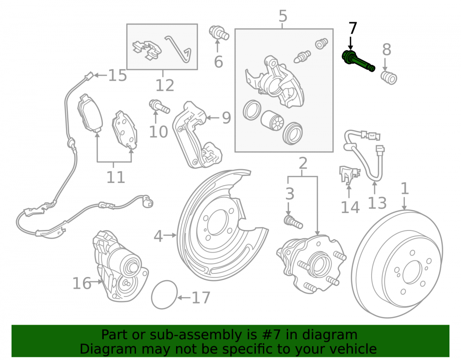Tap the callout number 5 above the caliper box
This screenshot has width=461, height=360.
(x=283, y=16)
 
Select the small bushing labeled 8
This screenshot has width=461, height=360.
(x=389, y=77)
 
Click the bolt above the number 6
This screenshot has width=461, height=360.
(x=219, y=33)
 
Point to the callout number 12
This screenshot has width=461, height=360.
(x=165, y=85)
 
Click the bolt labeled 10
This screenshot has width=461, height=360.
(x=159, y=106)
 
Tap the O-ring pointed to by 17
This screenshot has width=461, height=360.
(x=165, y=295)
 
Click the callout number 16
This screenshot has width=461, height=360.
(x=82, y=283)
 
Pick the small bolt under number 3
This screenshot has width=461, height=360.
(x=293, y=222)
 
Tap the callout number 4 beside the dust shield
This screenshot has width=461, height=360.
(x=158, y=236)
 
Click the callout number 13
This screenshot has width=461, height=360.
(x=377, y=203)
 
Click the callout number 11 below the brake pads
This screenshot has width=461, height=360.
(x=116, y=177)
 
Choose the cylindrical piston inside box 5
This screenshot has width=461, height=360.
(x=272, y=120)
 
